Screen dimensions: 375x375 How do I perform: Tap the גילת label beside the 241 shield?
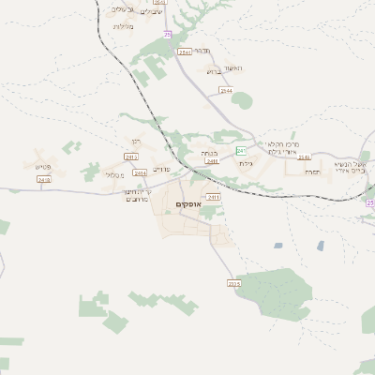tap(246, 163)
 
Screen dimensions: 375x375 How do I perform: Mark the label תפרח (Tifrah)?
tap(311, 171)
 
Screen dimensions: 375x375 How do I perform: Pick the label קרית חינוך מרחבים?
tap(139, 196)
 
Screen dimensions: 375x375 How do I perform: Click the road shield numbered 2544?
tap(226, 91)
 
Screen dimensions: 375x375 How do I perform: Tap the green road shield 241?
tap(241, 150)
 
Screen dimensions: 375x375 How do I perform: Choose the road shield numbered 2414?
tap(141, 173)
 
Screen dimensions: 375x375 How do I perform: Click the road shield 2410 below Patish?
tap(42, 178)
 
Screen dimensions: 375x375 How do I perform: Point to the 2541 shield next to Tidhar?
tap(186, 52)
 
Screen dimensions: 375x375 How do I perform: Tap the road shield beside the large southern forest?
tap(233, 283)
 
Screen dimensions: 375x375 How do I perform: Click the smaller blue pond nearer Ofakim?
tap(278, 246)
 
